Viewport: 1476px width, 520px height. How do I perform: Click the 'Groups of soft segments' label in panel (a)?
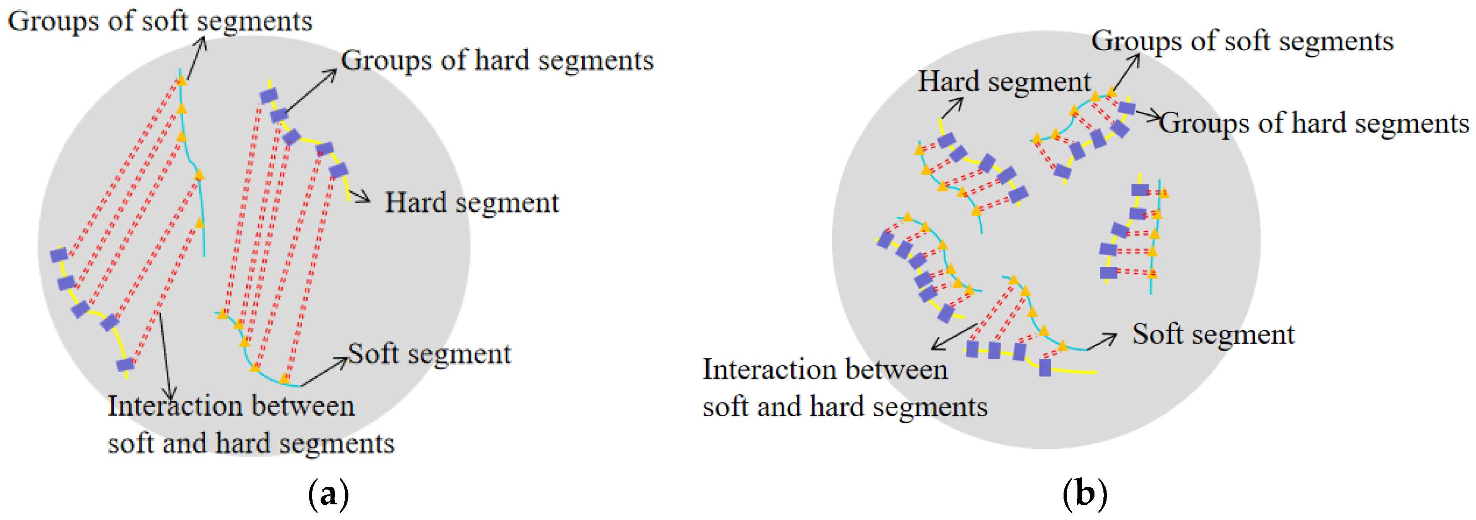(160, 21)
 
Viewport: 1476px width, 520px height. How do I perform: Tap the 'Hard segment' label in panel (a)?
(471, 202)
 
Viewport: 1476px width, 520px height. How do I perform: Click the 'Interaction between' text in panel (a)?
(231, 406)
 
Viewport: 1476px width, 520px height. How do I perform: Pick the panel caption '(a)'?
(328, 494)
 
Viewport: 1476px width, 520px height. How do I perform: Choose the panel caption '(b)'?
(1085, 494)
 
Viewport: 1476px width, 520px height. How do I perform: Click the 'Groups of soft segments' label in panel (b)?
(1242, 41)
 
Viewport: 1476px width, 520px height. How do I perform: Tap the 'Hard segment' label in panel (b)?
(1004, 82)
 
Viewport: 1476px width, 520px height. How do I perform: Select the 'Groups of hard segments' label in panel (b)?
(1314, 123)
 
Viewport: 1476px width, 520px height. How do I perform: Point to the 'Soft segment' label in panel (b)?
(1213, 334)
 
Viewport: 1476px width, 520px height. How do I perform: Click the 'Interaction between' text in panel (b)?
(825, 369)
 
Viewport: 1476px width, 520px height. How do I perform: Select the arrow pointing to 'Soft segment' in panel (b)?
(1101, 342)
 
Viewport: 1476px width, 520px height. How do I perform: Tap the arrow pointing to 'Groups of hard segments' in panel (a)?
(312, 90)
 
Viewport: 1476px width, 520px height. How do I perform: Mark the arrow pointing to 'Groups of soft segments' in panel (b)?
(1126, 72)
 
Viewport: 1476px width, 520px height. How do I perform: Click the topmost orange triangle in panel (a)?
(182, 80)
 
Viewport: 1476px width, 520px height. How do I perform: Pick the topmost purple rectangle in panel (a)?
(268, 96)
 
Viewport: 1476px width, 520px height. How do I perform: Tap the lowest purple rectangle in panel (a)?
(125, 364)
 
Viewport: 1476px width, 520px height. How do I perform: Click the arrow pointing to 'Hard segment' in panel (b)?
(952, 108)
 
